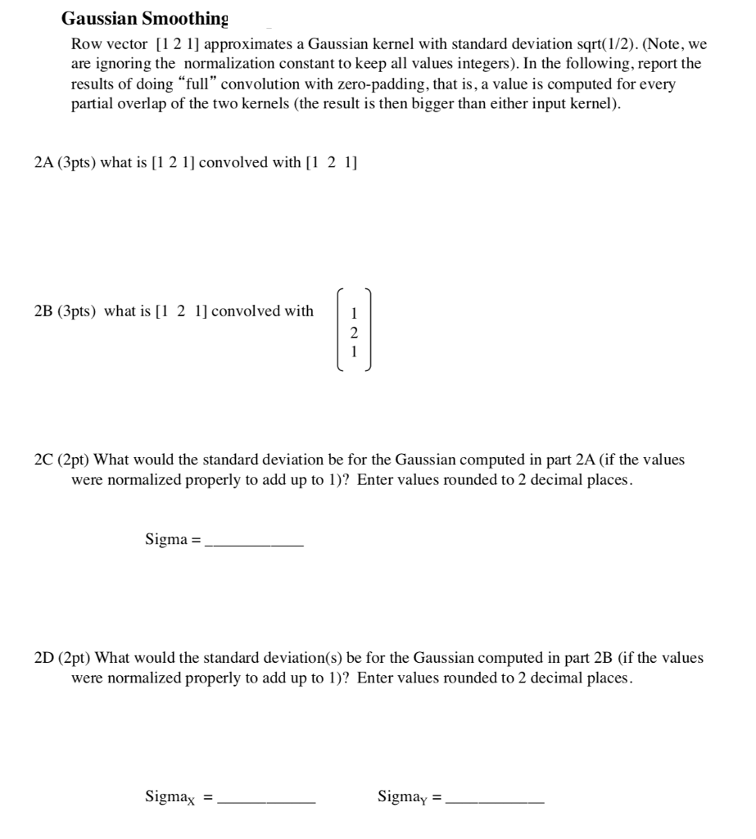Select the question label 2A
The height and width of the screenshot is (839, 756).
click(44, 162)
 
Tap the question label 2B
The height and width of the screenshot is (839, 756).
click(44, 311)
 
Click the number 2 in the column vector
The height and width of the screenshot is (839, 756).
click(354, 333)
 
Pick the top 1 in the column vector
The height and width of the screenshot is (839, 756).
click(354, 313)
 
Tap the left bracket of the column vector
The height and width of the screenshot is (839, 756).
click(338, 331)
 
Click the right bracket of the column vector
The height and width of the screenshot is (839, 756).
click(369, 331)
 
